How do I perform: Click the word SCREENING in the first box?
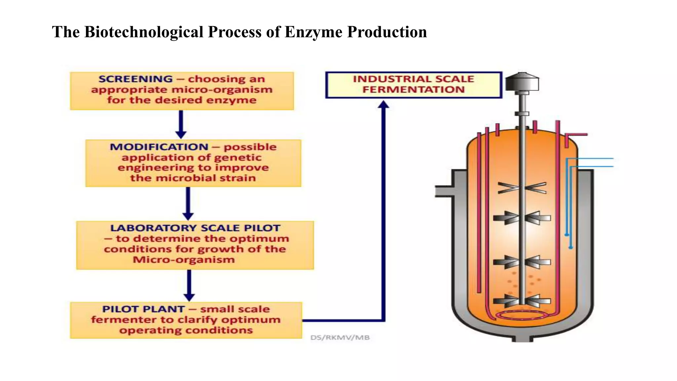coord(136,79)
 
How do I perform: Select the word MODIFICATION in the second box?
coord(159,147)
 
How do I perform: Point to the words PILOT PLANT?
coord(143,309)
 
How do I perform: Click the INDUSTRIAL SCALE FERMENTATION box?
coord(414,85)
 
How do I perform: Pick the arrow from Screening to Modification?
coord(181,124)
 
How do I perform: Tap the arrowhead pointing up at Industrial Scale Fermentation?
coord(383,105)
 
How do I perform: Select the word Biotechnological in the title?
coord(144,32)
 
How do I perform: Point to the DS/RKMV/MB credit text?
coord(340,338)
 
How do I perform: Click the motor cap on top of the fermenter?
coord(522,82)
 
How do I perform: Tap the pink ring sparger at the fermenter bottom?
coord(522,315)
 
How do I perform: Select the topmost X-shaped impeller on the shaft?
coord(522,188)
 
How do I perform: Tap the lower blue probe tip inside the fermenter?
coord(571,247)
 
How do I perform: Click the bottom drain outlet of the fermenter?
coord(522,339)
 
